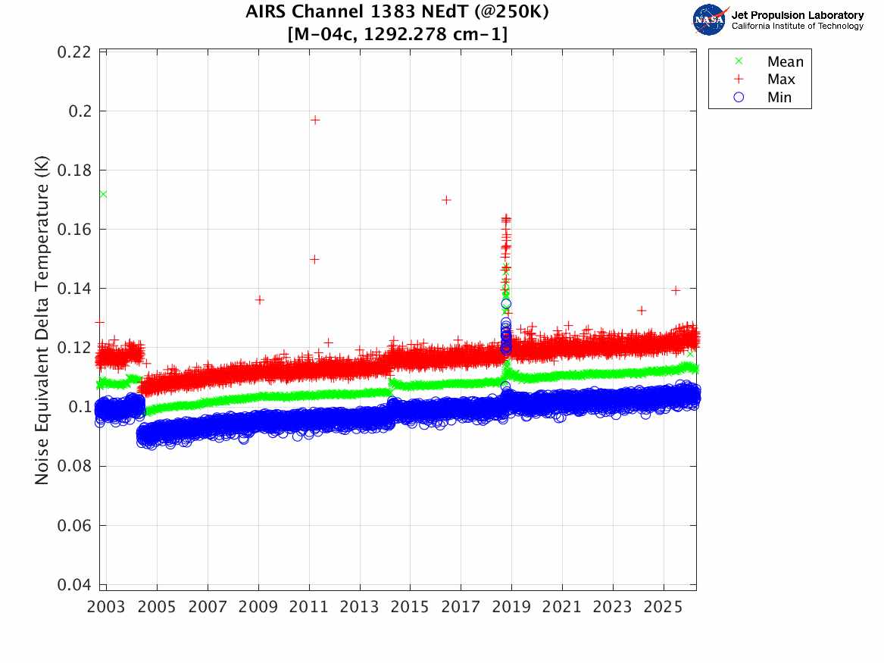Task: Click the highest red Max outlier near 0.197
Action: (x=315, y=120)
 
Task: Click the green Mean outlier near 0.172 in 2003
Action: (x=102, y=194)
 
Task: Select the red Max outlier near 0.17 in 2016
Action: (x=447, y=200)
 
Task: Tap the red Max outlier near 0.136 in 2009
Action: (x=259, y=300)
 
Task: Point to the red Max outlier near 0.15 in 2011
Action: (x=314, y=259)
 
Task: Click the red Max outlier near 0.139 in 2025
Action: (x=676, y=290)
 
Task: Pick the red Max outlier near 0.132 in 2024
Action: (x=642, y=311)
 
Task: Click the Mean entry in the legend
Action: (x=785, y=62)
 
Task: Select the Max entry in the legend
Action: (x=780, y=80)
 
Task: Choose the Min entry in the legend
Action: (x=779, y=97)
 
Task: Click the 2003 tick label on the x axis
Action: (x=107, y=608)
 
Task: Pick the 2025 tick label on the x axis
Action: (x=664, y=608)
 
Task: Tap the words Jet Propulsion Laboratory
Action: (x=797, y=15)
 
